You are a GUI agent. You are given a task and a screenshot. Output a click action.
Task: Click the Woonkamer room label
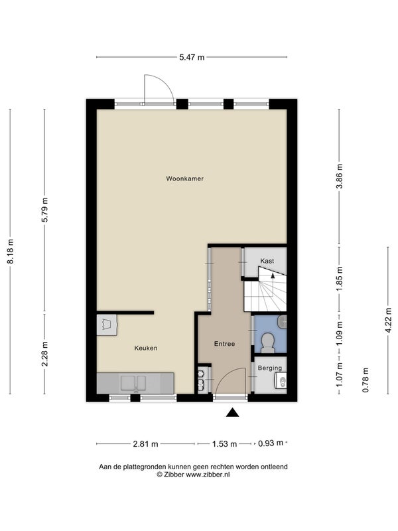point(185,179)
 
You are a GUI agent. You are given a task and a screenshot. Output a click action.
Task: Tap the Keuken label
point(146,348)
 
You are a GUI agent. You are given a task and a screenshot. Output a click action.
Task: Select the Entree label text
point(224,344)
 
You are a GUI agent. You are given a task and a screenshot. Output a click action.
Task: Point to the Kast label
point(267,261)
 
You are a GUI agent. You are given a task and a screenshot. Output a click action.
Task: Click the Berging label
point(270,368)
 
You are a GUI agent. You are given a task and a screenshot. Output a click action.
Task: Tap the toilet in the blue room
point(269,342)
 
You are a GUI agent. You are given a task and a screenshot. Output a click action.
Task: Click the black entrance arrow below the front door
point(233,412)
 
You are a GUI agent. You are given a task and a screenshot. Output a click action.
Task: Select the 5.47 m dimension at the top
point(192,57)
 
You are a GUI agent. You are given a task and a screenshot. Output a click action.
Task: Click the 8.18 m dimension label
point(11,252)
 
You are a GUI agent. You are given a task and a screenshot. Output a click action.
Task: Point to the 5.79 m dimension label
point(44,210)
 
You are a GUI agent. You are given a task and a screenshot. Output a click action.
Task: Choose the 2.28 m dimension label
point(44,354)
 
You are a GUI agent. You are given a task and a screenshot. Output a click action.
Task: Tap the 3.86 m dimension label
point(340,176)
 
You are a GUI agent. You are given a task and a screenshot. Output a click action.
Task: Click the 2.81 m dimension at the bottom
point(145,444)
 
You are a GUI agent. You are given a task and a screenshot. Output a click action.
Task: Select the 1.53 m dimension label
point(224,444)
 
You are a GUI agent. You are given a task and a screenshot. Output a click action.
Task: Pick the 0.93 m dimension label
point(271,443)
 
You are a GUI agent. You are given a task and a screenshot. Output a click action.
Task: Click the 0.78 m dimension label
point(365,380)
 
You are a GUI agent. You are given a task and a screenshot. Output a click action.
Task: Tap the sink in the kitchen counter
point(133,383)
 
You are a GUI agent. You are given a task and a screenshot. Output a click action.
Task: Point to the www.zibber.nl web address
point(208,475)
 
